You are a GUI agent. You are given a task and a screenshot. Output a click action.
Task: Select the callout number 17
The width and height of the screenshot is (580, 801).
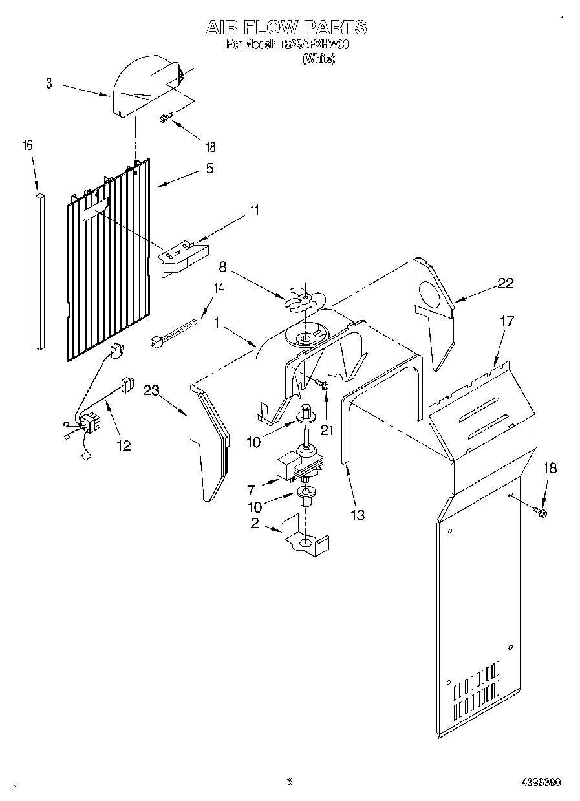click(507, 321)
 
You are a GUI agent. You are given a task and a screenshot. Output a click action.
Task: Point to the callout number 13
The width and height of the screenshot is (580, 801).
click(357, 515)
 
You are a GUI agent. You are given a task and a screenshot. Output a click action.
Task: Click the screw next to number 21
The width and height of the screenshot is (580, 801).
click(323, 385)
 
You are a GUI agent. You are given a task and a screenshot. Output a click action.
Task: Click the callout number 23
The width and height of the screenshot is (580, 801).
click(152, 389)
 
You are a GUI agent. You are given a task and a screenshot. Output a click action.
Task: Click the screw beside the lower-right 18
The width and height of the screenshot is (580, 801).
click(541, 513)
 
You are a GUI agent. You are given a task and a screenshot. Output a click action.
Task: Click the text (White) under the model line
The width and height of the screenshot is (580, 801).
click(319, 59)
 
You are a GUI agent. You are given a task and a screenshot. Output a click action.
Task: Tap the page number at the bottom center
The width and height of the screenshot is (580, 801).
click(290, 782)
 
